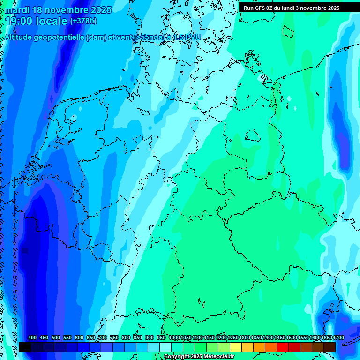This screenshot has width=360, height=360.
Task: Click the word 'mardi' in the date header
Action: (x=17, y=10)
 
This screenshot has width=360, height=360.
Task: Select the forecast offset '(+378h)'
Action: (x=83, y=21)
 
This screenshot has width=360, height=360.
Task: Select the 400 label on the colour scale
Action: (x=32, y=338)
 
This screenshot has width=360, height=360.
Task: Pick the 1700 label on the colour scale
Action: (x=338, y=338)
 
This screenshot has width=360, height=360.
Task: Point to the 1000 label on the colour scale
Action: (x=174, y=338)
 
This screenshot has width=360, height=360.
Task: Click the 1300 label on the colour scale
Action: (x=245, y=338)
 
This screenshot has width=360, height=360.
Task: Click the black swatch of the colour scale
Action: (x=25, y=347)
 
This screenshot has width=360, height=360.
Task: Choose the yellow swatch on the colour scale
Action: (x=236, y=347)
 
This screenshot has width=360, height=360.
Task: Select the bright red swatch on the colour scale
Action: (x=283, y=347)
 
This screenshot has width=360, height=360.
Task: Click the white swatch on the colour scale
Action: (x=165, y=347)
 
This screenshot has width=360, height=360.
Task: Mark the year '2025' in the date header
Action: (x=99, y=10)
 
